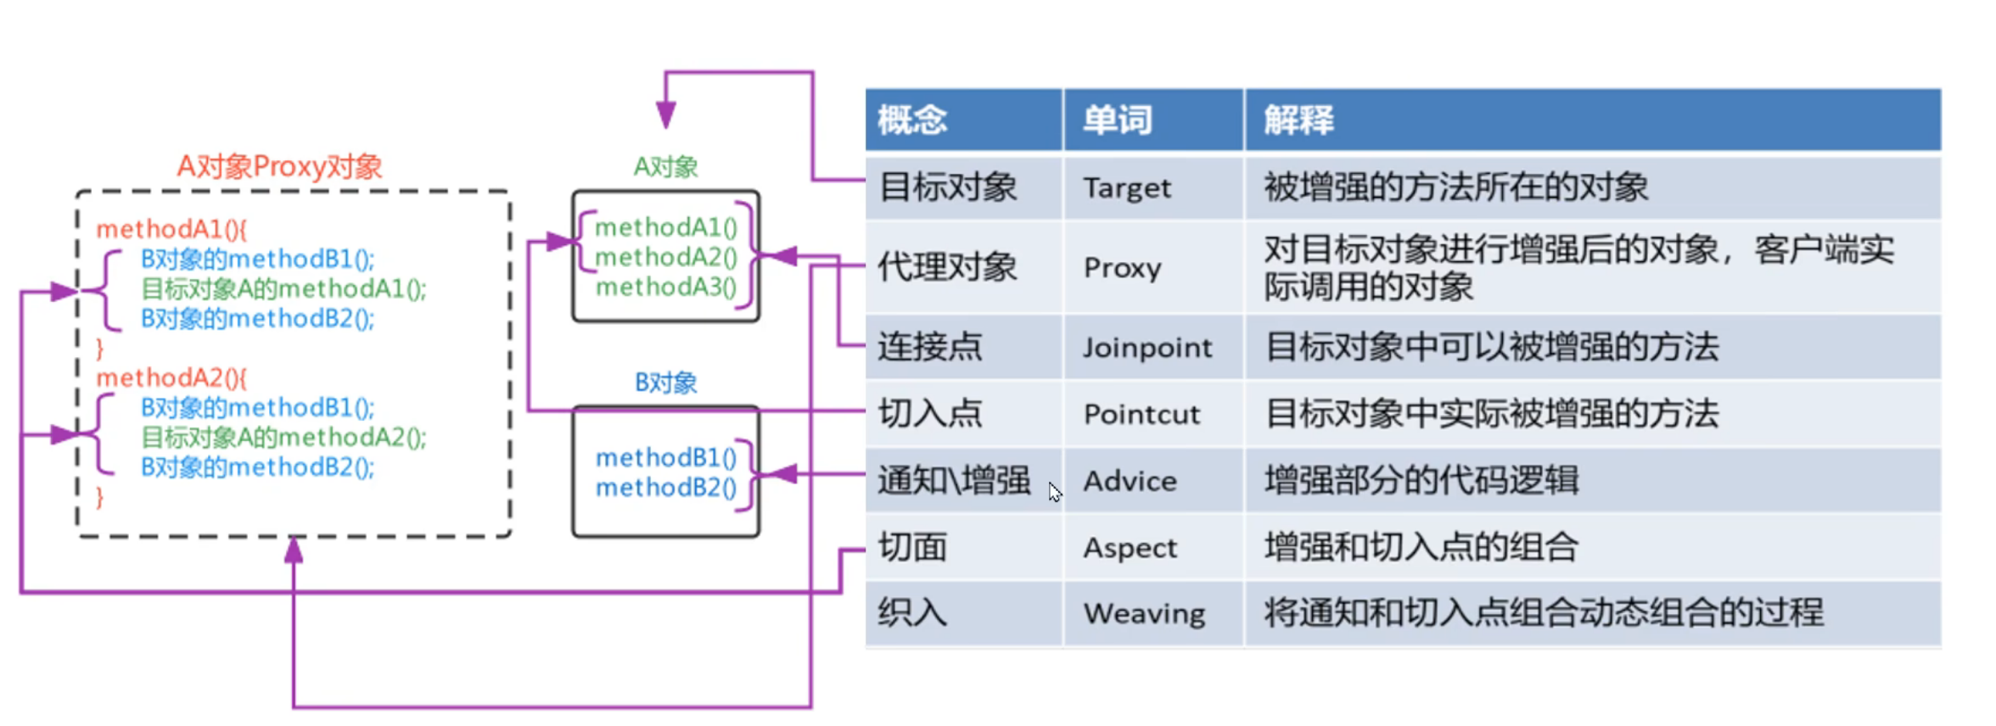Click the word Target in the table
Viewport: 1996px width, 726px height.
[1126, 187]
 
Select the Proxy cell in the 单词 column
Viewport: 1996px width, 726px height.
[1122, 268]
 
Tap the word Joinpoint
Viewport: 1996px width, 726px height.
[1147, 348]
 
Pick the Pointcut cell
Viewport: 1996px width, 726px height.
[1141, 415]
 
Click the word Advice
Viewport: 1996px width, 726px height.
[1130, 482]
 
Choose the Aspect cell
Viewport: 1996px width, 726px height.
[1130, 548]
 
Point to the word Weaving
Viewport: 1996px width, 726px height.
[1144, 613]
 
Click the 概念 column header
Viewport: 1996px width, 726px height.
[912, 120]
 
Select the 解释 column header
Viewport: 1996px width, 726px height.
[1298, 120]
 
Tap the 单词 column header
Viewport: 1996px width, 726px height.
[1118, 120]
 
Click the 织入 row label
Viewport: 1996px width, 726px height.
[912, 612]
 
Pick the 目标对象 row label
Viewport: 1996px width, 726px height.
[947, 187]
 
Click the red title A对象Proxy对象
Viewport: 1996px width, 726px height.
[279, 166]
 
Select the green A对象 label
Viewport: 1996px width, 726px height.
[665, 167]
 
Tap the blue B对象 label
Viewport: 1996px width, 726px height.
[665, 383]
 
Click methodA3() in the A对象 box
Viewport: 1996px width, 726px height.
[665, 288]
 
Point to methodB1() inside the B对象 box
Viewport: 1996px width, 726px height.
[665, 458]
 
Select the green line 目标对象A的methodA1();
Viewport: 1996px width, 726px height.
[283, 289]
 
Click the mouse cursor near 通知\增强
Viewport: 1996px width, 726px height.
[1054, 492]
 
